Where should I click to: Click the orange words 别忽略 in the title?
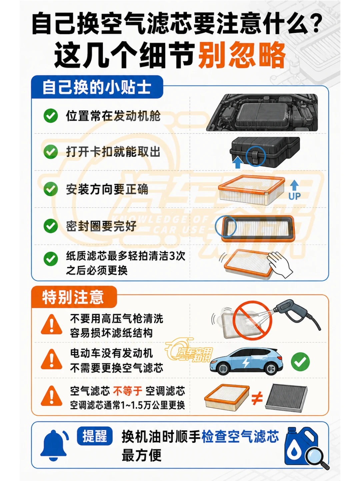pyautogui.click(x=242, y=55)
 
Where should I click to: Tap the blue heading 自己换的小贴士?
pyautogui.click(x=97, y=88)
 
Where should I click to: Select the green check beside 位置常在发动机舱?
pyautogui.click(x=51, y=115)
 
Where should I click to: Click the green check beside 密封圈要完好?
pyautogui.click(x=51, y=226)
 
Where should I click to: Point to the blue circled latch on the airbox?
pyautogui.click(x=255, y=156)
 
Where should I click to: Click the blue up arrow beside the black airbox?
pyautogui.click(x=238, y=162)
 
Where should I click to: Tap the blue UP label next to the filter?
pyautogui.click(x=294, y=196)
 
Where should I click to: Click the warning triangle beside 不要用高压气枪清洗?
pyautogui.click(x=51, y=325)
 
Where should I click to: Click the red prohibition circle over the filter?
pyautogui.click(x=252, y=320)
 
